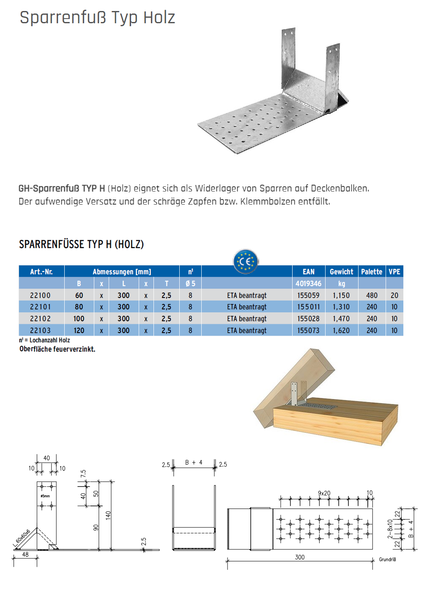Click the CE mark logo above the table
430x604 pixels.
pyautogui.click(x=245, y=262)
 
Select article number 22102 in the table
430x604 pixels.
pyautogui.click(x=40, y=319)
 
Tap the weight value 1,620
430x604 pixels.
pyautogui.click(x=341, y=331)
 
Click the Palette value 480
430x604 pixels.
pyautogui.click(x=372, y=295)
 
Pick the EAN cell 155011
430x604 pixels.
pyautogui.click(x=308, y=307)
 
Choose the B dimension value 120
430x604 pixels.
pyautogui.click(x=79, y=331)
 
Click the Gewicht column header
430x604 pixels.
pyautogui.click(x=341, y=272)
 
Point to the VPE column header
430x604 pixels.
pyautogui.click(x=394, y=272)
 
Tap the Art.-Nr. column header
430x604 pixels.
pyautogui.click(x=41, y=272)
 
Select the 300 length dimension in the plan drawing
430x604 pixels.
pyautogui.click(x=300, y=557)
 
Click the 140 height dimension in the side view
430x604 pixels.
pyautogui.click(x=108, y=514)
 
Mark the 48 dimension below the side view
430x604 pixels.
pyautogui.click(x=25, y=555)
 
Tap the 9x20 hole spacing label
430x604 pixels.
pyautogui.click(x=324, y=493)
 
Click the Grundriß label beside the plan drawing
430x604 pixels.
pyautogui.click(x=387, y=560)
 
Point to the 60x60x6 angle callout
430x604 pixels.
pyautogui.click(x=23, y=536)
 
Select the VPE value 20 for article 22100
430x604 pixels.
pyautogui.click(x=394, y=295)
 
